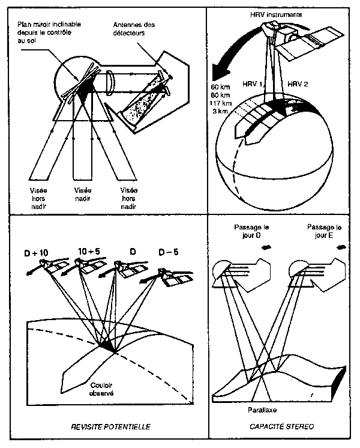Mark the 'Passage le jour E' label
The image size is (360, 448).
tap(323, 232)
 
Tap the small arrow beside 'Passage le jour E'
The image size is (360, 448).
tap(342, 246)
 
